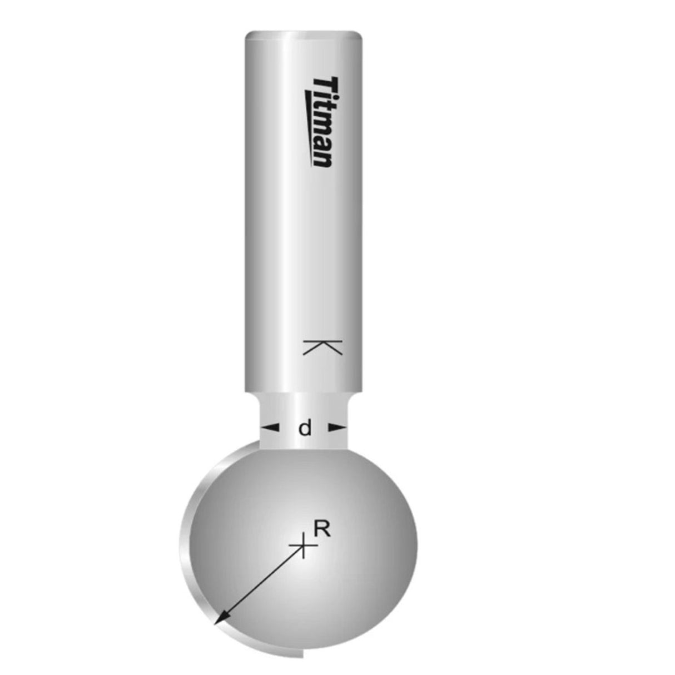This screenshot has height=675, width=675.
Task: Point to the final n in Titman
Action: pos(322,159)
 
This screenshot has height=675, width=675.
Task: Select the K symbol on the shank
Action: pos(322,347)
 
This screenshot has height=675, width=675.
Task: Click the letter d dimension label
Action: pos(305,429)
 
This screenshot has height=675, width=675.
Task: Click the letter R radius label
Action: pos(322,529)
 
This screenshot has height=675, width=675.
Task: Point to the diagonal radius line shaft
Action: pos(261,584)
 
